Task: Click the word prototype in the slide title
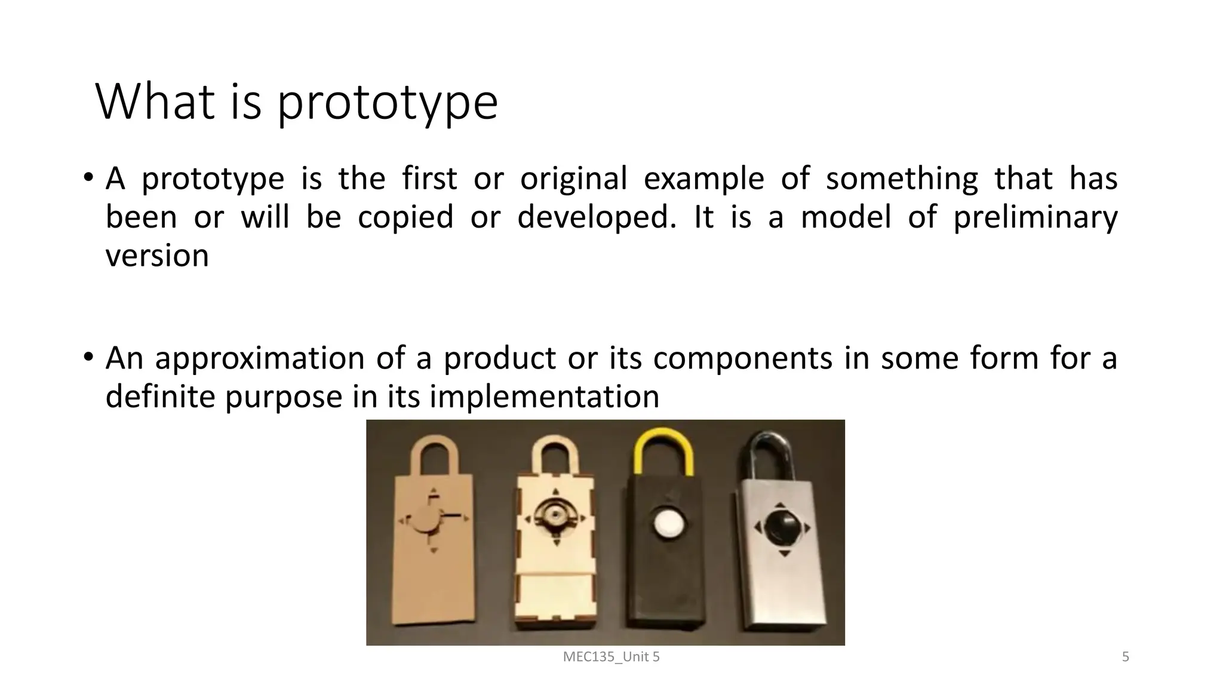387,103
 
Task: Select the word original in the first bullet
573,179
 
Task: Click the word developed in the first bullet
597,217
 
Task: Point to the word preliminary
1035,217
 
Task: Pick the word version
157,256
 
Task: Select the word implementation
544,397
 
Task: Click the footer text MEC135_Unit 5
611,657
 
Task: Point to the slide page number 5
1126,657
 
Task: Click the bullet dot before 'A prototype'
88,177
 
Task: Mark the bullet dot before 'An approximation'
88,357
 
